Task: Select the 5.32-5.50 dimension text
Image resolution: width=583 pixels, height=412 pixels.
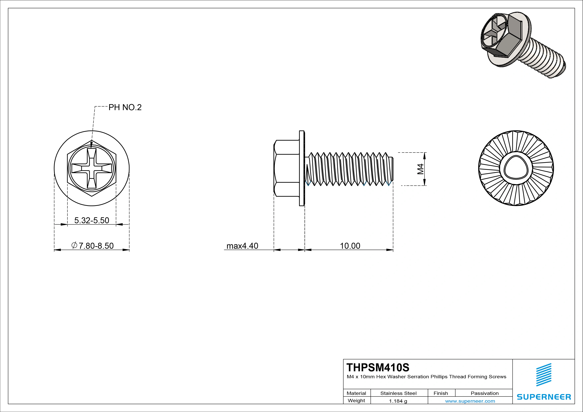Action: [92, 220]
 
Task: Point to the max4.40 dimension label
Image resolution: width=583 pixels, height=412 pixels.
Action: [242, 246]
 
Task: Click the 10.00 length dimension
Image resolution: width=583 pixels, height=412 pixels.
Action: [350, 246]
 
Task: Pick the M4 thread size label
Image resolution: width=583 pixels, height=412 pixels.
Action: [420, 169]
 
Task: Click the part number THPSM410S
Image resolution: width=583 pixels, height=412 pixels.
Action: [378, 367]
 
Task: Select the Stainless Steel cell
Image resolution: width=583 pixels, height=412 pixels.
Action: [398, 393]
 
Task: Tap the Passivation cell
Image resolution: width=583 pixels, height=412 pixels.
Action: [484, 393]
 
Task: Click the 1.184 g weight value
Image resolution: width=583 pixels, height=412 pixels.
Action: [398, 401]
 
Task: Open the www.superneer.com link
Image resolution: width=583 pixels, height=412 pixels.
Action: [470, 401]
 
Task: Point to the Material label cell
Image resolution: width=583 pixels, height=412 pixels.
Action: [356, 393]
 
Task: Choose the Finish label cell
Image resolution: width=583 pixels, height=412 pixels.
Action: [441, 393]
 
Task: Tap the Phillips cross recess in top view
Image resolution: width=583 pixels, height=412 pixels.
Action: [92, 168]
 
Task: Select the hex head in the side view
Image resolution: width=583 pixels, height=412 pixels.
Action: [286, 168]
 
